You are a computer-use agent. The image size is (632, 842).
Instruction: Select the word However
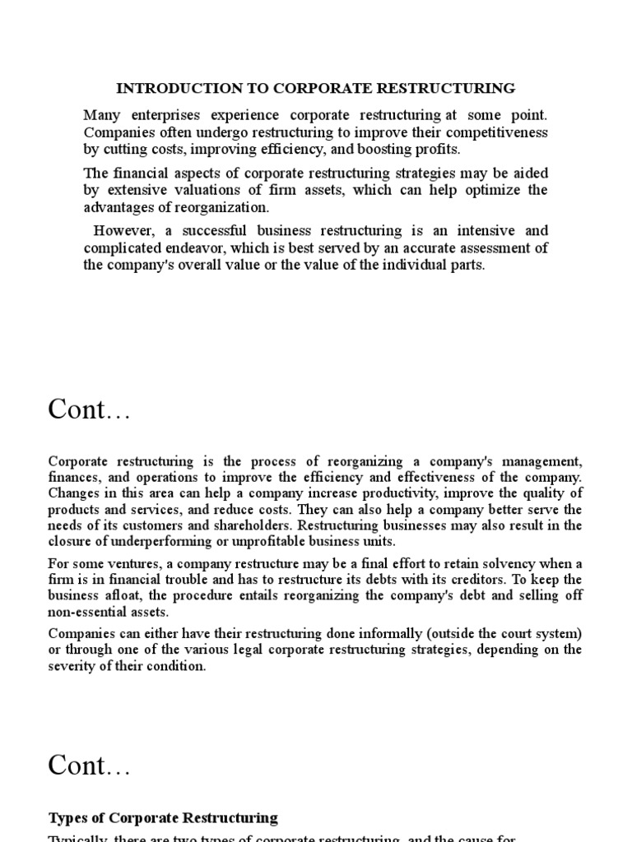point(118,230)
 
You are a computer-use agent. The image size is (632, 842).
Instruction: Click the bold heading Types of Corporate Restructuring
point(163,795)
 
